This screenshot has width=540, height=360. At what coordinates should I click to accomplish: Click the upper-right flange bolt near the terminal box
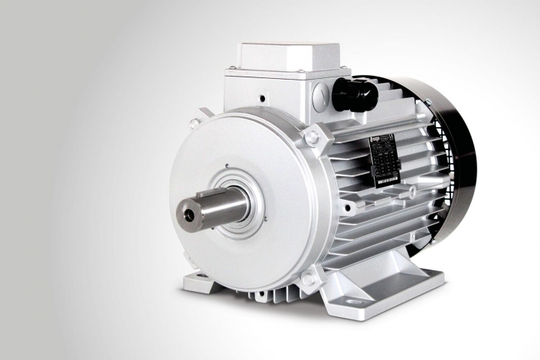(x=312, y=137)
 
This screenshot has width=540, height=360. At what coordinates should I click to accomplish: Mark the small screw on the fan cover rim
(x=430, y=103)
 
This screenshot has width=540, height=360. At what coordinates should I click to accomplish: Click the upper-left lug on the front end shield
(x=195, y=122)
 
